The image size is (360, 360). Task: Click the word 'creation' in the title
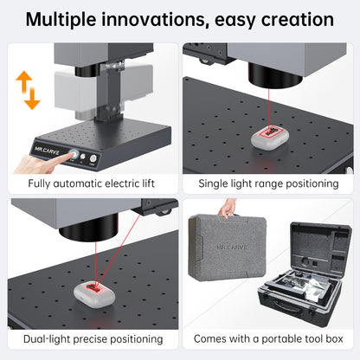294,18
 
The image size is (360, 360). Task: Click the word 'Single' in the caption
216,184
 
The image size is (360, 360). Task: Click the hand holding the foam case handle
228,208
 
